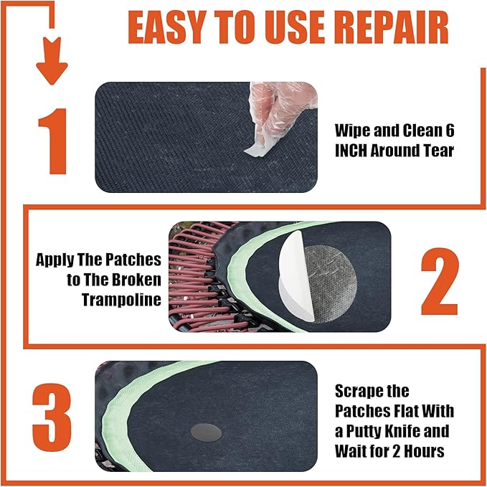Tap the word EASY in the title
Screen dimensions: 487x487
[174, 27]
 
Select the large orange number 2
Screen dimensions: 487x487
[439, 283]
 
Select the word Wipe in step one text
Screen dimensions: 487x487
[354, 131]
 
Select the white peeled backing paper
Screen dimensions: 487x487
[294, 276]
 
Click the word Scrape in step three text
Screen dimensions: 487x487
[362, 391]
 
